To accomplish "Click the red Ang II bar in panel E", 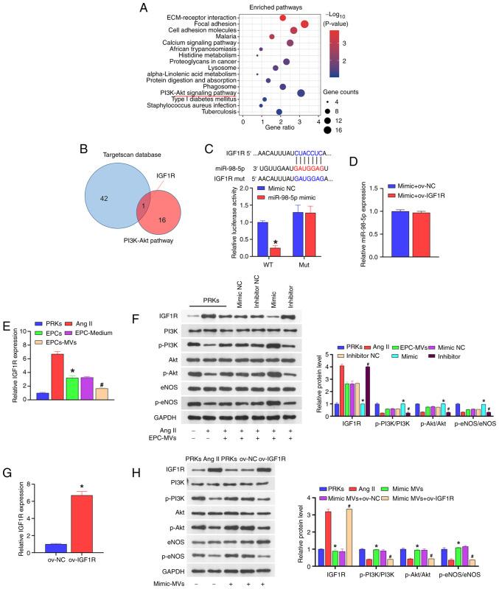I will point(57,358).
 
